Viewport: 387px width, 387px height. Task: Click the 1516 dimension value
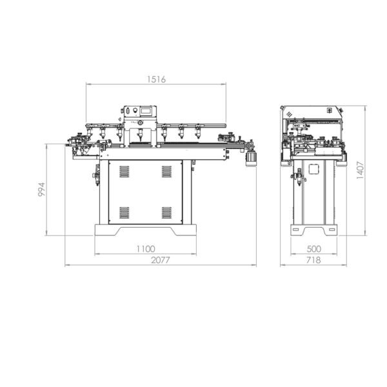point(157,79)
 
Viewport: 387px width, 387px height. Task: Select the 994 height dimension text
point(42,189)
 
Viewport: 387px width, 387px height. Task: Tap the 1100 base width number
point(146,249)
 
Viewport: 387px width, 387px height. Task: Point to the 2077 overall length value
point(161,260)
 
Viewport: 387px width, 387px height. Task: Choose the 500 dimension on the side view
point(314,249)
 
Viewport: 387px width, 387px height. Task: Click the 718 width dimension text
point(313,260)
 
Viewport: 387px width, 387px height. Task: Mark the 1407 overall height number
point(361,170)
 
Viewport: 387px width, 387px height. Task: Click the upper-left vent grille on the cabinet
point(124,172)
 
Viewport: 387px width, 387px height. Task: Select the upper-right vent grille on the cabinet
point(166,172)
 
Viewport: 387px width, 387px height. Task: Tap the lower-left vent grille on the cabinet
point(124,213)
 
